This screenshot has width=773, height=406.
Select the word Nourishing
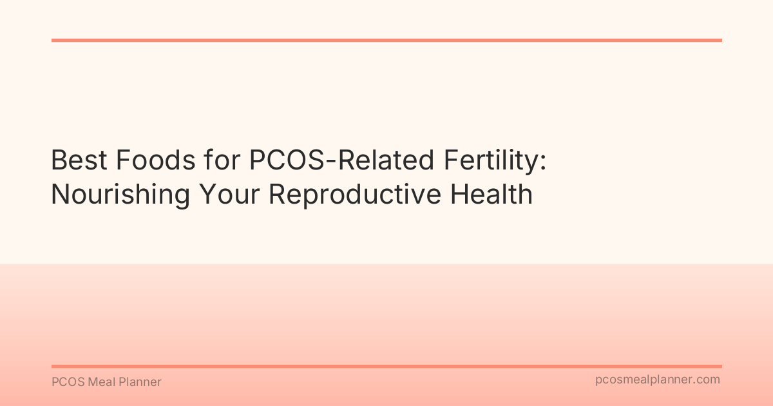point(119,194)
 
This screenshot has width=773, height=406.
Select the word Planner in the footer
point(140,382)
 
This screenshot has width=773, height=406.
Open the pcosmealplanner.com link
point(658,380)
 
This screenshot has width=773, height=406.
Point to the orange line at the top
point(386,40)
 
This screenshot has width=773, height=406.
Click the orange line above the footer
point(386,366)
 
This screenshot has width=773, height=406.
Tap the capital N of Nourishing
point(59,194)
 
